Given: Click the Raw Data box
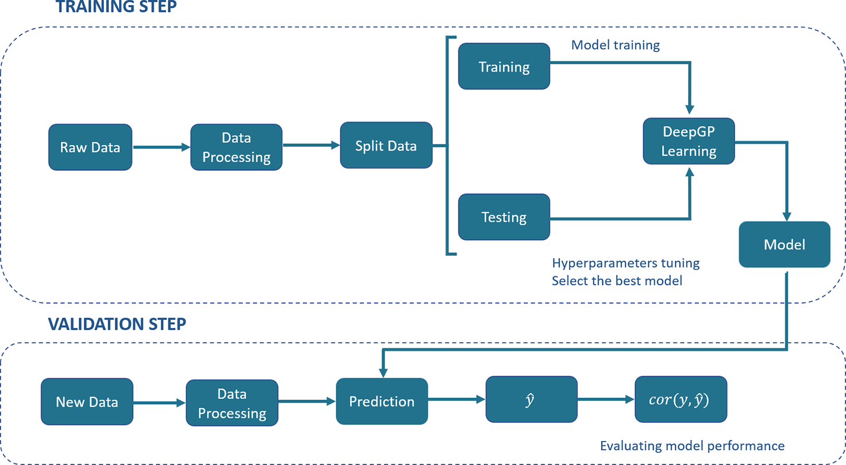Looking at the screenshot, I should tap(90, 147).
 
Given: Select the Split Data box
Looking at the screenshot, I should tap(386, 145).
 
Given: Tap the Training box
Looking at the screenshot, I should tap(504, 67).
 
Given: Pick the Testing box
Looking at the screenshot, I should tap(504, 217).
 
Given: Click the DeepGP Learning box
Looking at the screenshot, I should tap(688, 141).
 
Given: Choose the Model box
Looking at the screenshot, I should tap(784, 244).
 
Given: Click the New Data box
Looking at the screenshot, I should tap(87, 402).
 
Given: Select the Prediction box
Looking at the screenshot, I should tap(382, 401).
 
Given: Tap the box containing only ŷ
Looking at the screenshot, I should tap(531, 399).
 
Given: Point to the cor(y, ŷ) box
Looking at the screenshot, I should tap(680, 399).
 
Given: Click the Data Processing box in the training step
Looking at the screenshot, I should tap(236, 147).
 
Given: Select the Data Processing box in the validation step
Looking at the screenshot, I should tap(232, 403).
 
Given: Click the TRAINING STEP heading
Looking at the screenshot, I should tap(116, 7).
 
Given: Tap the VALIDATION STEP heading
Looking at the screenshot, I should tap(117, 325).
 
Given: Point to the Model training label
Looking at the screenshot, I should tap(615, 45).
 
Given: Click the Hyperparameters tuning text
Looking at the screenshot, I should tap(625, 264).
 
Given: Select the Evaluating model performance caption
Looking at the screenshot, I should tap(692, 446).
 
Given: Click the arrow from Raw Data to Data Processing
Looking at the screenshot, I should tap(161, 147).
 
